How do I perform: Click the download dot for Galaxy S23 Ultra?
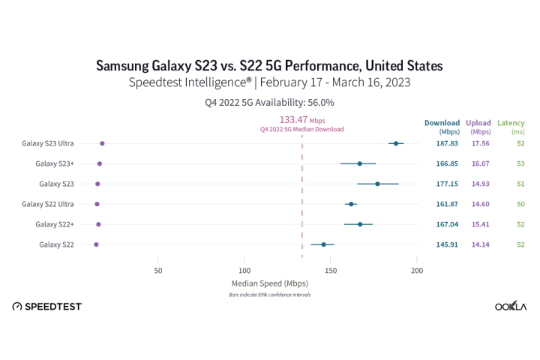point(396,143)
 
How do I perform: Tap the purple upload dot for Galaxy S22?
point(96,244)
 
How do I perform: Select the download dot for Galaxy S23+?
point(360,163)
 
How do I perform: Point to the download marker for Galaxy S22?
point(323,244)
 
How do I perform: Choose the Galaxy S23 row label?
point(56,184)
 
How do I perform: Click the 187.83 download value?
point(446,143)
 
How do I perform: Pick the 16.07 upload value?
point(478,163)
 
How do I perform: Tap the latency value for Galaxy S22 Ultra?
point(520,204)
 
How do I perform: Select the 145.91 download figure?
point(446,244)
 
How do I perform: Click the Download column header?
point(442,123)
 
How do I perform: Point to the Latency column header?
point(511,123)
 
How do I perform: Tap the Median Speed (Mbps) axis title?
point(270,283)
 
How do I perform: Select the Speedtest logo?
point(48,307)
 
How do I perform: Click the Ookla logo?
point(511,307)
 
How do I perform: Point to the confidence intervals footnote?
point(270,295)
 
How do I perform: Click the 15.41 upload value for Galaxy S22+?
point(478,224)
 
